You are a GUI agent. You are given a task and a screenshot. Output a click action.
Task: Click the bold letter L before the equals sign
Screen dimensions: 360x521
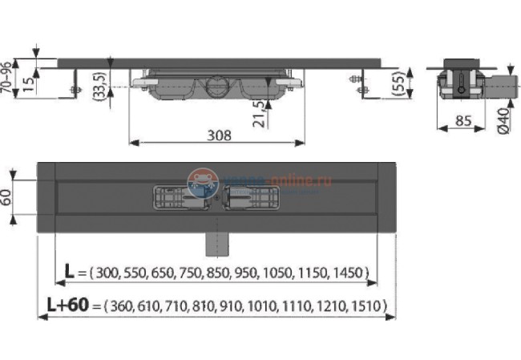pos(70,273)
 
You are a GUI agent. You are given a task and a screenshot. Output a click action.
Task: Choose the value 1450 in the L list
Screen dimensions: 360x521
pos(350,274)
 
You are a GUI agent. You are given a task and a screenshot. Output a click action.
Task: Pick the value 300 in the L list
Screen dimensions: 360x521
pos(107,274)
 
